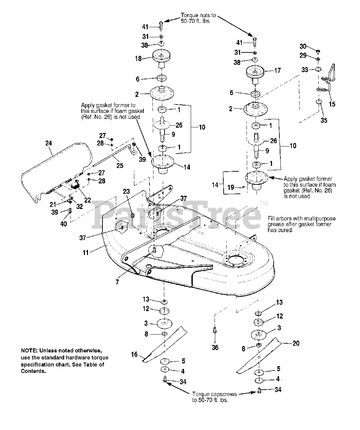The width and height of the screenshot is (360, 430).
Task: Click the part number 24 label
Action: click(48, 143)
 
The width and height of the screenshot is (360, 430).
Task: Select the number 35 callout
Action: click(324, 120)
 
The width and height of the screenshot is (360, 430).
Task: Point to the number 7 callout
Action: click(117, 282)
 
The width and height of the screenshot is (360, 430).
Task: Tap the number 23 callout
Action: click(126, 192)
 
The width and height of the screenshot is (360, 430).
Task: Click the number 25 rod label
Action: click(120, 165)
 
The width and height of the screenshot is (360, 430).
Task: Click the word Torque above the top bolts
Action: click(190, 15)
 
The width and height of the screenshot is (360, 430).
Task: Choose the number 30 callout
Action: click(303, 46)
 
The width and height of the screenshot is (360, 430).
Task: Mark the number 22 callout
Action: click(88, 200)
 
